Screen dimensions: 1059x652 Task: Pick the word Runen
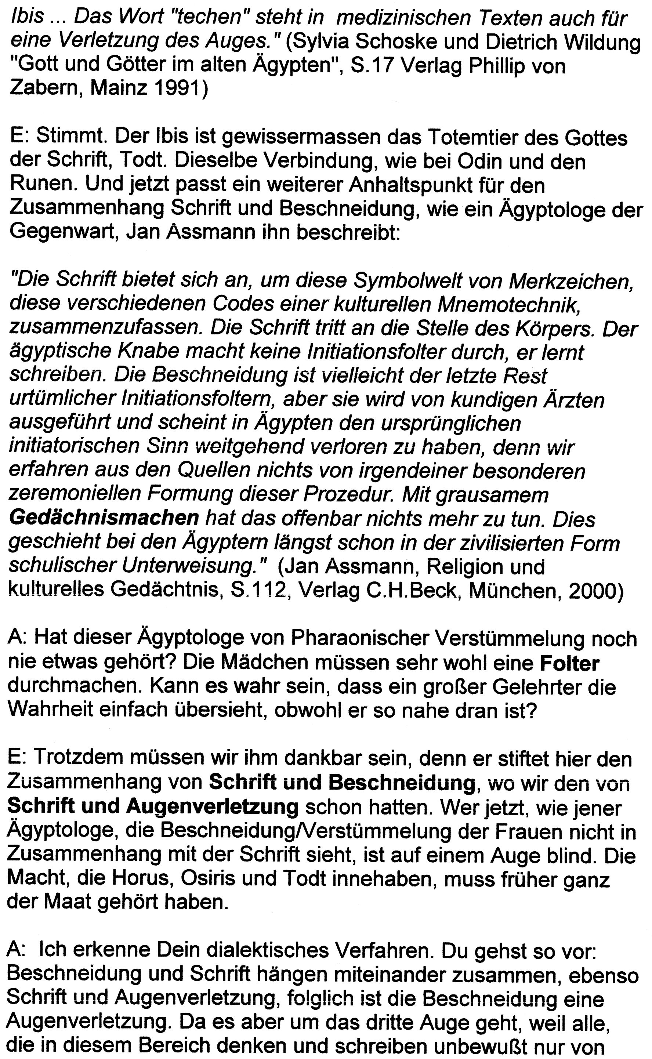tap(42, 185)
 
